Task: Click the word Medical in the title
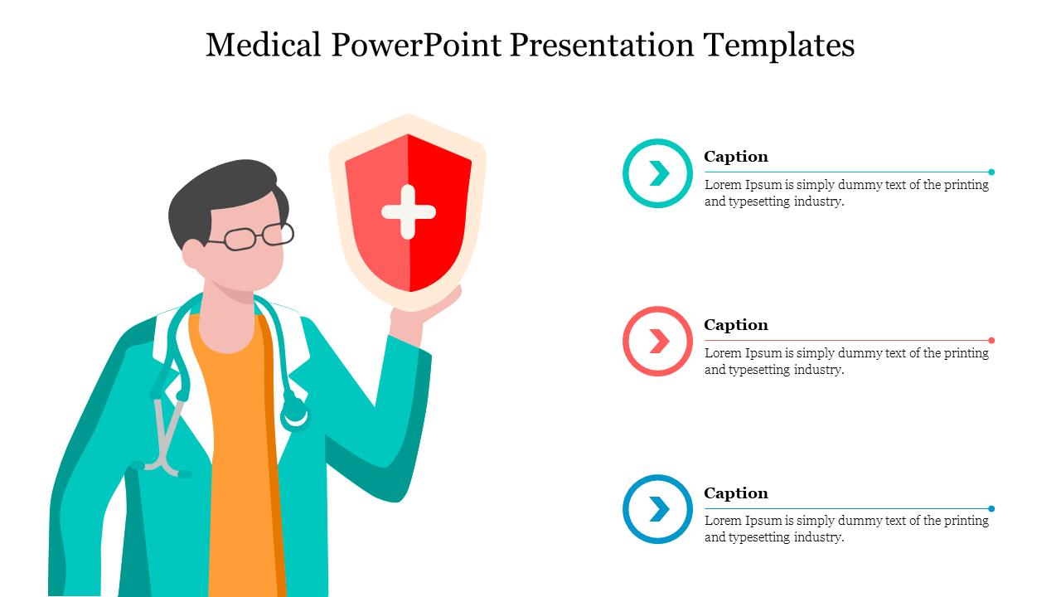coord(264,45)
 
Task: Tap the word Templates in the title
coord(779,45)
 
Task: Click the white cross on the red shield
coord(409,212)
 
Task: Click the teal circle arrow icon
coord(657,173)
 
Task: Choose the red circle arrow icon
coord(657,341)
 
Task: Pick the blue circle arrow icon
coord(657,509)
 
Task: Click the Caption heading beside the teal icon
coord(735,157)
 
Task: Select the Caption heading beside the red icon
coord(735,325)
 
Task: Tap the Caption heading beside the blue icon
coord(735,493)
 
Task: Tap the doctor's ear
coord(193,254)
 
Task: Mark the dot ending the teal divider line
coord(991,172)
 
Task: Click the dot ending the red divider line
coord(991,340)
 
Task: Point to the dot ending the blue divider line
coord(991,508)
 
